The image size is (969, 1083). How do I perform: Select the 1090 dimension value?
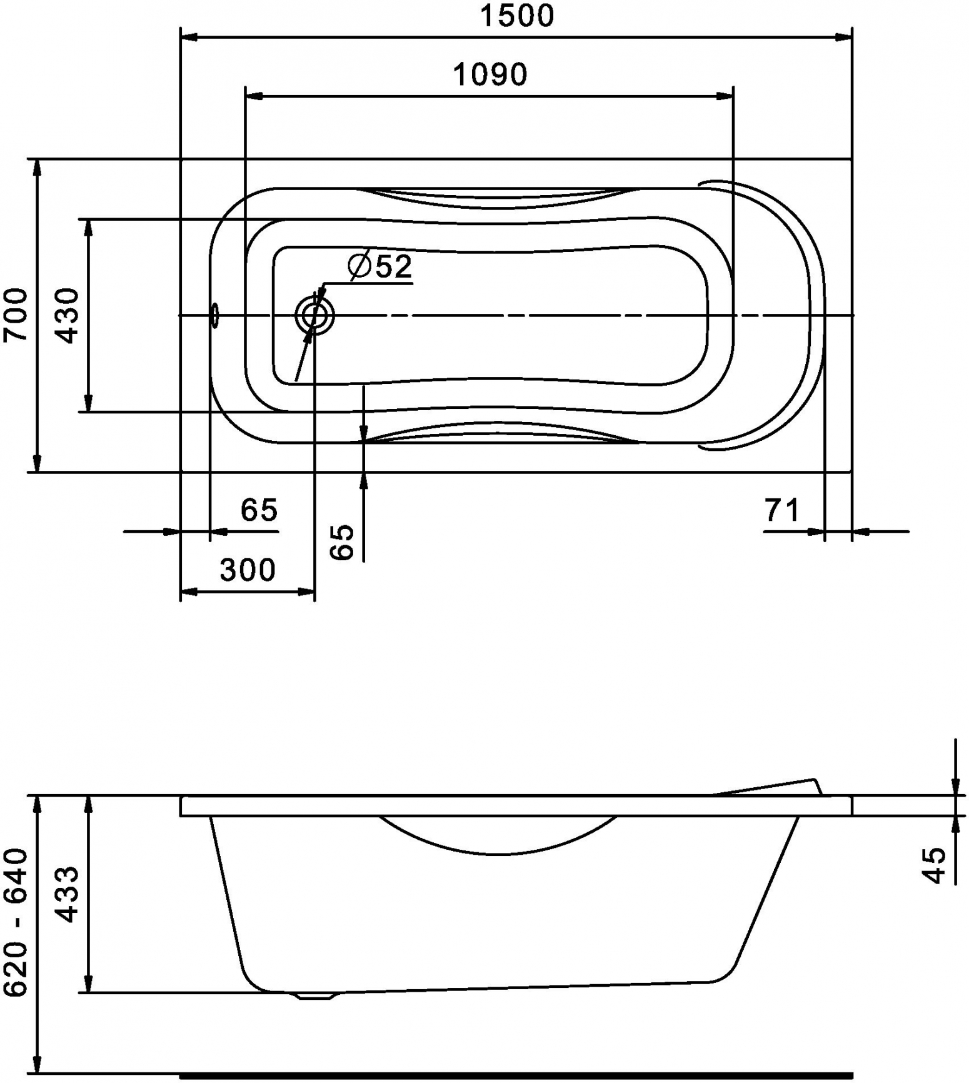[x=490, y=74]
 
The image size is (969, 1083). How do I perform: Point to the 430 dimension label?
[x=68, y=316]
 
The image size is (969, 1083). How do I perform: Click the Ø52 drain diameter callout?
[x=380, y=266]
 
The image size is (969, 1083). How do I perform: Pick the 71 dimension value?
[x=782, y=510]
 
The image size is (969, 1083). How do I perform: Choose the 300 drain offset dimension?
[x=248, y=570]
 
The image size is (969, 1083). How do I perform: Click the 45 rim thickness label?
[x=935, y=865]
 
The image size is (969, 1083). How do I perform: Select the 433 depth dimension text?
[x=68, y=894]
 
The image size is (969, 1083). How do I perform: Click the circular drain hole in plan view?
[x=314, y=316]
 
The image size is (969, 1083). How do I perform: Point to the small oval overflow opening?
[x=215, y=316]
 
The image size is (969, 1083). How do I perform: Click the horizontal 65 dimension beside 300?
[x=259, y=510]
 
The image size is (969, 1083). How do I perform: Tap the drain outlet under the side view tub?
[x=316, y=996]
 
